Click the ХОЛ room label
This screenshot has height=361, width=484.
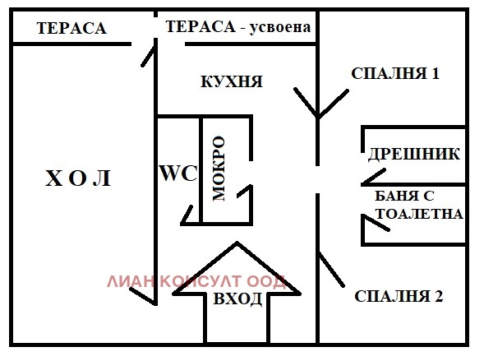pyautogui.click(x=77, y=178)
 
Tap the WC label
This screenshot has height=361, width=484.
pyautogui.click(x=177, y=174)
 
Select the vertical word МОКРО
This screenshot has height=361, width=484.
pyautogui.click(x=219, y=169)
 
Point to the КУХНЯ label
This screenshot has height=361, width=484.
pyautogui.click(x=232, y=81)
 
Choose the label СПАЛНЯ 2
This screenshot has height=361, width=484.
pyautogui.click(x=399, y=296)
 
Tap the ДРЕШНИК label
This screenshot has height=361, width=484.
pyautogui.click(x=413, y=154)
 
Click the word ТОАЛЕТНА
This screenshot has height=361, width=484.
pyautogui.click(x=419, y=213)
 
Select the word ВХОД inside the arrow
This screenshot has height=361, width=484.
pyautogui.click(x=237, y=299)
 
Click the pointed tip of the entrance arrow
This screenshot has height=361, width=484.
pyautogui.click(x=237, y=244)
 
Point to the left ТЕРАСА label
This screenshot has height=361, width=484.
pyautogui.click(x=71, y=28)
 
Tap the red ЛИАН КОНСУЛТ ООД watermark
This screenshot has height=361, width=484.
pyautogui.click(x=196, y=281)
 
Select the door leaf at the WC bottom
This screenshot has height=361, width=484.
pyautogui.click(x=188, y=215)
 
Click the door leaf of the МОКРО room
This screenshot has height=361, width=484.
pyautogui.click(x=245, y=192)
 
